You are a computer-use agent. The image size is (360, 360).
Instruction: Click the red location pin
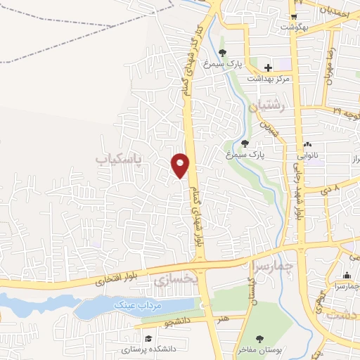181,165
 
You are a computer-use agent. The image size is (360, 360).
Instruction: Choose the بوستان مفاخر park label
262,349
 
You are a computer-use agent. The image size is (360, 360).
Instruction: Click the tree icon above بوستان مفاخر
261,339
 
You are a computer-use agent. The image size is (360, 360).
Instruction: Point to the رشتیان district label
265,108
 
